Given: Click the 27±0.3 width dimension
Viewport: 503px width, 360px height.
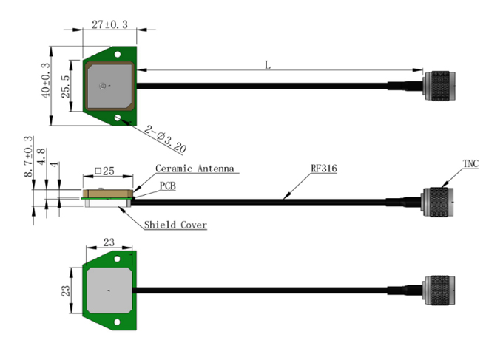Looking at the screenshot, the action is click(109, 24).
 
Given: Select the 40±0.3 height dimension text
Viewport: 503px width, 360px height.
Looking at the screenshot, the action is click(46, 80).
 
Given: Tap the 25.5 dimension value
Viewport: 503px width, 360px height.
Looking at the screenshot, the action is click(65, 86).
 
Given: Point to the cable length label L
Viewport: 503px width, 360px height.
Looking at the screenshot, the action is click(268, 65).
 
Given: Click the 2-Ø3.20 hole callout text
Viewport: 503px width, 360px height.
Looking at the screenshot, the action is click(165, 139).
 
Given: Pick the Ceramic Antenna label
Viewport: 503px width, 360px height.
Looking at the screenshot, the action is click(195, 169).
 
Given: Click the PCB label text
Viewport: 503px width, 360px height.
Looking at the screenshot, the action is click(168, 186).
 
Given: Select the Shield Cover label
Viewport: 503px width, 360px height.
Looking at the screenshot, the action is click(175, 225).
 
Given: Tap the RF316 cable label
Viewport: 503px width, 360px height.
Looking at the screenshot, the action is click(324, 169).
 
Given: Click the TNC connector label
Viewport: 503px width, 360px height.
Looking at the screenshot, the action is click(470, 164).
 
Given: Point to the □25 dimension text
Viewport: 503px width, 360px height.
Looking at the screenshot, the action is click(105, 171).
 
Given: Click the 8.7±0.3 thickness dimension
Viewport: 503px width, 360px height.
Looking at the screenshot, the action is click(29, 157).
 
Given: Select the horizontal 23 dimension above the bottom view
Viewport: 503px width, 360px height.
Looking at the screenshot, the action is click(109, 242).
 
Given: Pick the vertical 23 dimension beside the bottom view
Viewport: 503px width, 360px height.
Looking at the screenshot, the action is click(65, 291).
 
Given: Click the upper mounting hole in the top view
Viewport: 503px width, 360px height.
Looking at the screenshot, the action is click(118, 54).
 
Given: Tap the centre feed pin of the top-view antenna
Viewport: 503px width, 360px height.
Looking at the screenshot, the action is click(102, 86).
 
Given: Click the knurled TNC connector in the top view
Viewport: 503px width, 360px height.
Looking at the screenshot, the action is click(439, 86).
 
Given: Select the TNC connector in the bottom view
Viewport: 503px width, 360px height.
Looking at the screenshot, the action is click(439, 290).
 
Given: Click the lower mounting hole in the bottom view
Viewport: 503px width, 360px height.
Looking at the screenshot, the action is click(117, 322).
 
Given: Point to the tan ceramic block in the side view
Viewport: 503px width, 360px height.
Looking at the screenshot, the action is click(108, 194).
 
